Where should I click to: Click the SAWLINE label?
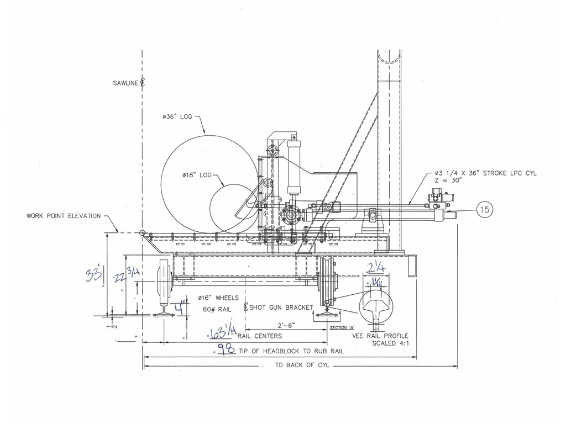125,83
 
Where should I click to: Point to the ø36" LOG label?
177,117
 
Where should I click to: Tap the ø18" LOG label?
197,175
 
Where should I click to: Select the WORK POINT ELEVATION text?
64,216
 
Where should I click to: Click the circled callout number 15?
485,209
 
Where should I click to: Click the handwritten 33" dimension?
94,275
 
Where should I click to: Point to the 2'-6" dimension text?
286,325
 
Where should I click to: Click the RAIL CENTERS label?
260,336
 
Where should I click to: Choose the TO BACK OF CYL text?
302,365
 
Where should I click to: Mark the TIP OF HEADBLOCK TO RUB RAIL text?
291,351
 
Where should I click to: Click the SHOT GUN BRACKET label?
281,308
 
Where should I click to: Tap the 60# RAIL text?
217,309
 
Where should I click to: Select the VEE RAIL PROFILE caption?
380,336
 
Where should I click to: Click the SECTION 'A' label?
342,328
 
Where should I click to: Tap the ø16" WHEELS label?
218,298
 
